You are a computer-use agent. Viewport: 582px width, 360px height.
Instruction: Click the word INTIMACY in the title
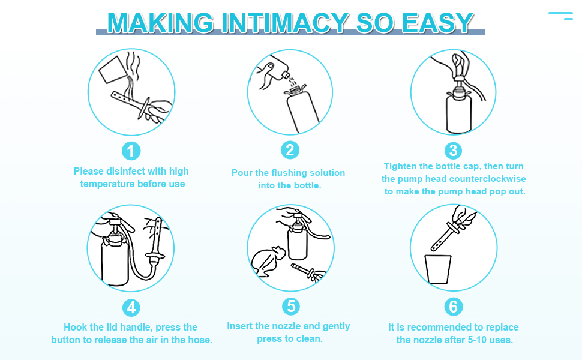tap(284, 23)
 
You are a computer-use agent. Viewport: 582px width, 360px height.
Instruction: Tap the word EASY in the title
tap(437, 23)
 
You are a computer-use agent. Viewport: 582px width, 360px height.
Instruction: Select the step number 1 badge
tap(131, 151)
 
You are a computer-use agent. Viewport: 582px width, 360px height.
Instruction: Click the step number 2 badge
tap(290, 151)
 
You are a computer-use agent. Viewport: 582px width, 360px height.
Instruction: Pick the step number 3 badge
tap(453, 151)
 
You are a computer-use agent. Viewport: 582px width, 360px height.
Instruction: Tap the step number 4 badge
tap(131, 308)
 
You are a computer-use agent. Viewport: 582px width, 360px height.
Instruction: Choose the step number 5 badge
tap(290, 307)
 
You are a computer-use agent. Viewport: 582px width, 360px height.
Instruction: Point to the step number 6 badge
tap(454, 307)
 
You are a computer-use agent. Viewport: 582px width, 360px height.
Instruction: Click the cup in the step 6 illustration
tap(438, 269)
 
